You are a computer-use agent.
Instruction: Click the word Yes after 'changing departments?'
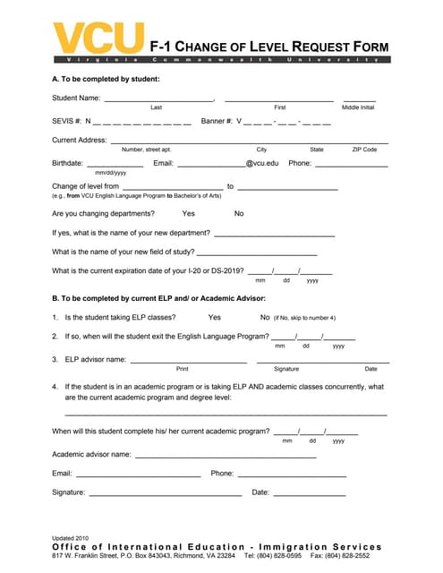click(188, 213)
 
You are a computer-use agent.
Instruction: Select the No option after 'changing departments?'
click(239, 213)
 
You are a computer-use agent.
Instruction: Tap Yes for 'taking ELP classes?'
click(214, 317)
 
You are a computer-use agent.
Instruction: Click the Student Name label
click(76, 98)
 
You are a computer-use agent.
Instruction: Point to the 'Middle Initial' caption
click(358, 107)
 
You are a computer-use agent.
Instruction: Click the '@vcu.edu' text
click(262, 164)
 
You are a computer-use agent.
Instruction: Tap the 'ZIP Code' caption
click(364, 150)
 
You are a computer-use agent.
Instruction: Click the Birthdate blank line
click(115, 166)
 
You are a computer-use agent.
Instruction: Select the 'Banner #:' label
click(217, 120)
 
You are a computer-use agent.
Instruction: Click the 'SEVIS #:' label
click(66, 120)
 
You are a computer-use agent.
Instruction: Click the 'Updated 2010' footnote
click(71, 537)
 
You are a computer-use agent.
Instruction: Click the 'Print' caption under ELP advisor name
click(183, 369)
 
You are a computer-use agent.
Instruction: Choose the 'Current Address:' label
click(80, 141)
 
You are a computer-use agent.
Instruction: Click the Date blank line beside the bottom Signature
click(309, 494)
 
